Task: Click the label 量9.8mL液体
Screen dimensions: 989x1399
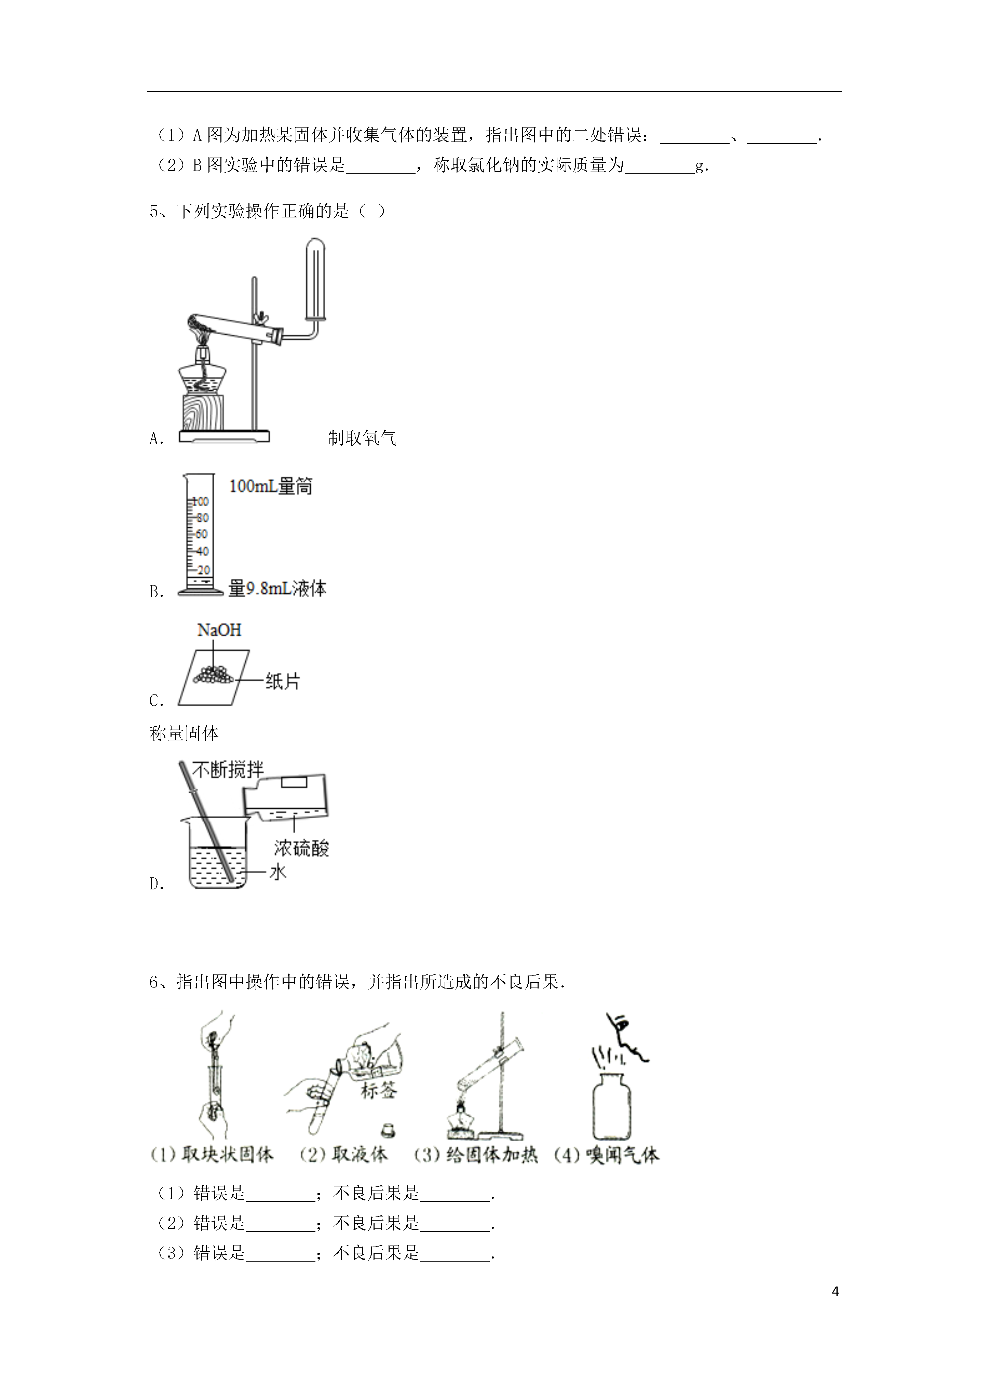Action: click(x=277, y=589)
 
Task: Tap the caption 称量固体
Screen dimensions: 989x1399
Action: click(x=184, y=733)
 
